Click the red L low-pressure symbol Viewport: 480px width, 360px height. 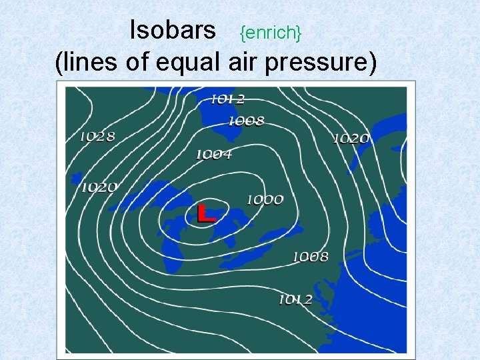[x=207, y=213]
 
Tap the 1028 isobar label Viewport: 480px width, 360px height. [x=97, y=137]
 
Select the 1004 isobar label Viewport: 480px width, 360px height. [x=214, y=155]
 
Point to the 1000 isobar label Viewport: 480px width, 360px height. [x=265, y=199]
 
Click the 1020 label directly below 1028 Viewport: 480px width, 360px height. [x=99, y=187]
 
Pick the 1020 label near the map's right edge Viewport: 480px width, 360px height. [x=351, y=139]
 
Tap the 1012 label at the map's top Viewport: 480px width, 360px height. [x=227, y=99]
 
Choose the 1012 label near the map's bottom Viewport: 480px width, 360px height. [x=295, y=299]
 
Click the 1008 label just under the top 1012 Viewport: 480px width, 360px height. [x=246, y=121]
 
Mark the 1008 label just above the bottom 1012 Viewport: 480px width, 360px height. [x=311, y=257]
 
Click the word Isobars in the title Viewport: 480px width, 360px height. [x=173, y=29]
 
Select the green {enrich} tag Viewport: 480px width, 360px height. [x=271, y=31]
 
